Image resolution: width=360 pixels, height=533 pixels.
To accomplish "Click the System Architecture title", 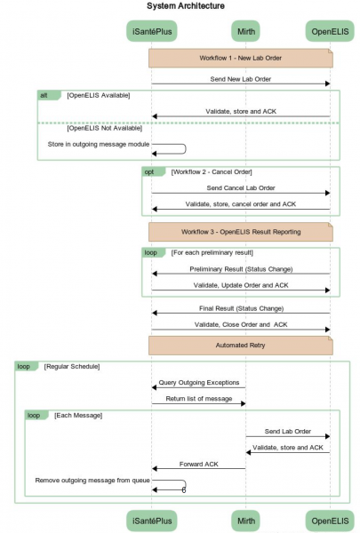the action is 186,6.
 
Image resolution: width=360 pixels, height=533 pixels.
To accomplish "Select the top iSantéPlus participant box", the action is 152,31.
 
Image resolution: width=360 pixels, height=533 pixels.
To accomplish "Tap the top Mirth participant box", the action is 245,31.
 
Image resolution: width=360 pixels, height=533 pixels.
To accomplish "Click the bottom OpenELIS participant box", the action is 330,521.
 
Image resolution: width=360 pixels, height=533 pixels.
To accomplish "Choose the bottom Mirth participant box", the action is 245,521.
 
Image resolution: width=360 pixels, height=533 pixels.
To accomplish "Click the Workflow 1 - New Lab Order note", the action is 241,58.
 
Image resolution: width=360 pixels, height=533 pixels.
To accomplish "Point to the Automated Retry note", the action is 241,346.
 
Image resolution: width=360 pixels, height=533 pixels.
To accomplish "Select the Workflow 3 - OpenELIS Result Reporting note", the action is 241,232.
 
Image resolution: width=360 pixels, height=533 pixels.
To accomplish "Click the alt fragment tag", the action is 49,95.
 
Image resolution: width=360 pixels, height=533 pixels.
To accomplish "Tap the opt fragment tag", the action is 153,172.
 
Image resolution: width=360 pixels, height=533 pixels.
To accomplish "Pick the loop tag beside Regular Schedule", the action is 26,366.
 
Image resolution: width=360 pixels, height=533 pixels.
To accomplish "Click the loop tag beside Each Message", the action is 36,416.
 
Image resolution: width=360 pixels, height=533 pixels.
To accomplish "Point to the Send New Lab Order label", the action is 241,79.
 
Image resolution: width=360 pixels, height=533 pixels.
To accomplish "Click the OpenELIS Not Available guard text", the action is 105,128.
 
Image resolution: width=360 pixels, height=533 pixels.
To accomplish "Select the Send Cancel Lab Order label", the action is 241,188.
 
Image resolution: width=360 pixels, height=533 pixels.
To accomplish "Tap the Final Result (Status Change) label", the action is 241,308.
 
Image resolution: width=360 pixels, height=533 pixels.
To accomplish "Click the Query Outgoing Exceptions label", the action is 199,383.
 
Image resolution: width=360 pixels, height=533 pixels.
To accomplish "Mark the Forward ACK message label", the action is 199,465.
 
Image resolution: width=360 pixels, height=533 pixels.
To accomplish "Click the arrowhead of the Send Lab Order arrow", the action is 328,436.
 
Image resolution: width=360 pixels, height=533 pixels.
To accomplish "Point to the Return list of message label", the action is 199,399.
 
